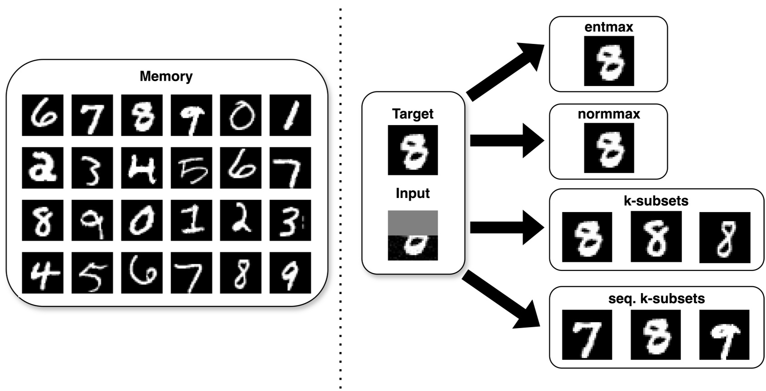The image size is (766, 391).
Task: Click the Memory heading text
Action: coord(166,76)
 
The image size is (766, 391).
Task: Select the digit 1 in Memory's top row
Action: coord(290,115)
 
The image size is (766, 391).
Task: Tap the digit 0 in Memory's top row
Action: coord(240,115)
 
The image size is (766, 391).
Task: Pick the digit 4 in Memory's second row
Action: coord(142,168)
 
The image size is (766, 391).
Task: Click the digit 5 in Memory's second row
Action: coord(191,168)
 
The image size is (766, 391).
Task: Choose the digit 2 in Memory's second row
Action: coord(43,168)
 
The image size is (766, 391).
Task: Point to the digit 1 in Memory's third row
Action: coord(191,220)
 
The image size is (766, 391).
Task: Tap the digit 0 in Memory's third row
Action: coord(142,220)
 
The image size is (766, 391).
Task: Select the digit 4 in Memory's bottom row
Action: coord(43,273)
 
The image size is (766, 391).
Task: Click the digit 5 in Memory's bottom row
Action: coord(92,273)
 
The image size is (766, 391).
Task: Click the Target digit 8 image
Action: coord(413,150)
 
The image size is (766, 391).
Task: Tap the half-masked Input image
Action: coord(413,235)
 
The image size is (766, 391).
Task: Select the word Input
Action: coord(413,193)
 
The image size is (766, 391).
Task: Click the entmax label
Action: coord(609,27)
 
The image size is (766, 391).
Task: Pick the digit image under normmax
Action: coord(609,148)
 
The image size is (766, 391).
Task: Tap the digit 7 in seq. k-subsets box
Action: coord(587,335)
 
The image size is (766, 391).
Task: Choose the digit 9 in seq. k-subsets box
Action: coord(724,335)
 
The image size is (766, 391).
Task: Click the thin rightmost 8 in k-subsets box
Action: coord(724,237)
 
